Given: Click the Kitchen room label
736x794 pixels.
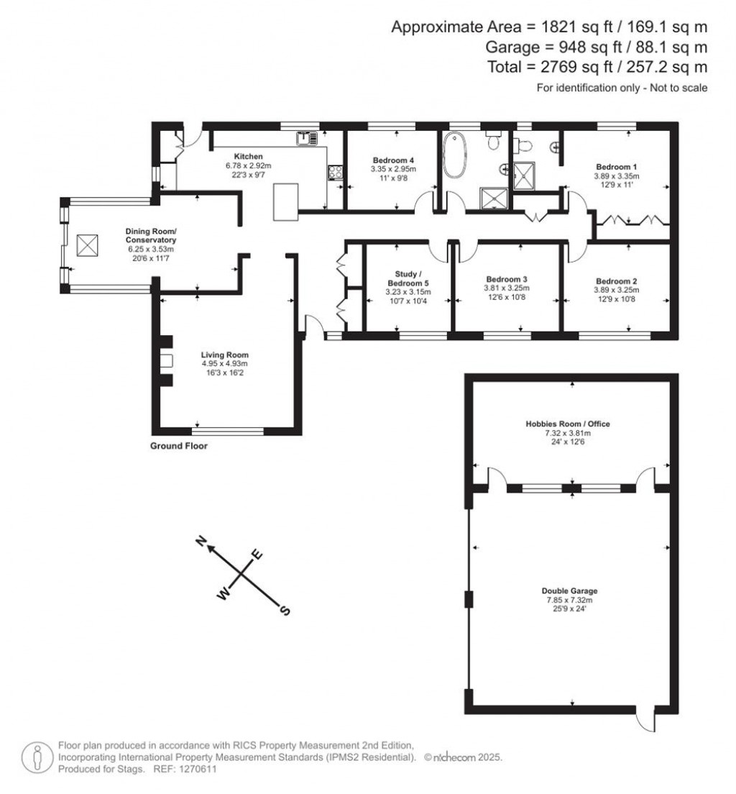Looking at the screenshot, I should [x=248, y=156].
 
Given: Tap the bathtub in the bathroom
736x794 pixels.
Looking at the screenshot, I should [x=455, y=156].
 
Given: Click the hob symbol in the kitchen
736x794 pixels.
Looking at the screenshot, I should [x=335, y=172].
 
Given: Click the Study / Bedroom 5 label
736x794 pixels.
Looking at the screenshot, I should [x=407, y=278].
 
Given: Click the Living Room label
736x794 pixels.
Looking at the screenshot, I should [x=224, y=355].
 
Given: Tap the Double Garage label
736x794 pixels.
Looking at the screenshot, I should [x=571, y=591].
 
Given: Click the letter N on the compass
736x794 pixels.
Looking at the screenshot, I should [x=203, y=542].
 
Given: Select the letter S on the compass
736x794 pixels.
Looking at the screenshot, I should [x=285, y=611].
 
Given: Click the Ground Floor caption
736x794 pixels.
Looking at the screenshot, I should [x=178, y=446].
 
